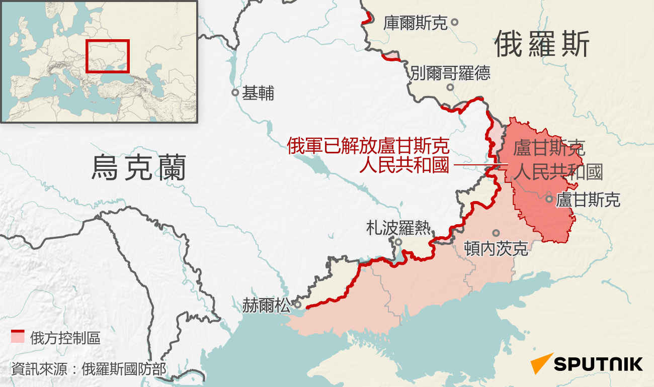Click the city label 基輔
coord(258,93)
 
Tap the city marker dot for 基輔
coord(235,92)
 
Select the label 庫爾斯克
coord(415,23)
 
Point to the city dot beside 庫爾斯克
coord(454,22)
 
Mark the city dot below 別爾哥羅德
coord(450,87)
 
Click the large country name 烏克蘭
coord(139,167)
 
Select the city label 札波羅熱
coord(398,228)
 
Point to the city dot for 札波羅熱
coord(398,242)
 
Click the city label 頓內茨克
coord(496,248)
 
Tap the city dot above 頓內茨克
coord(496,233)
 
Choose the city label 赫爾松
coord(266,305)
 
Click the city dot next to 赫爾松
coord(298,305)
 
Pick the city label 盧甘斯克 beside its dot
coord(588,200)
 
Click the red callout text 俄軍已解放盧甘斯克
coord(368,146)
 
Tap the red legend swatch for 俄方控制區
coord(18,337)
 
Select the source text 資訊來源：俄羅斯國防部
coord(89,369)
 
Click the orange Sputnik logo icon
coord(541,363)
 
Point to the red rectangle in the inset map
coord(108,56)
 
